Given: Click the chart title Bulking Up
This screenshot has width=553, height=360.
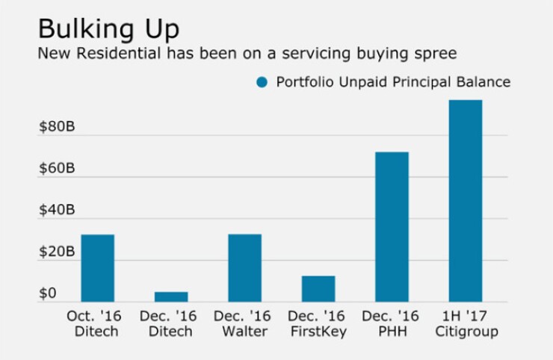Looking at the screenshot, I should click(108, 29).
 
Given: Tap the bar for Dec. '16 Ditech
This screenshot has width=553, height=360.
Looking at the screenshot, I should click(171, 297).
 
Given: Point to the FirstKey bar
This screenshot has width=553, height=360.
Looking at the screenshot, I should click(318, 289).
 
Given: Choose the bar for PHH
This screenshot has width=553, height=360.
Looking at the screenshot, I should click(392, 227).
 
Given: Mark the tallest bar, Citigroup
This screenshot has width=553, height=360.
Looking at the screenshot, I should click(465, 201).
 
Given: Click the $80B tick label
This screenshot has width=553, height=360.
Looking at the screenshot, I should click(57, 127).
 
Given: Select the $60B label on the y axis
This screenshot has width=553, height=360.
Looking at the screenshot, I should click(57, 169).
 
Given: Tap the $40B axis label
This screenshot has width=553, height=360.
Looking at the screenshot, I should click(57, 211).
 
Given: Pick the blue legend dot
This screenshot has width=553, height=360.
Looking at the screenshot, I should click(261, 82).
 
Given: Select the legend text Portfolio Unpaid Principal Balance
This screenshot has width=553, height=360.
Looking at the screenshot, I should click(393, 82).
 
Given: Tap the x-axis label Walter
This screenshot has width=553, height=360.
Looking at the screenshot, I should click(244, 331).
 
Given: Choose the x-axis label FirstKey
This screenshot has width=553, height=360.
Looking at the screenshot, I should click(318, 331).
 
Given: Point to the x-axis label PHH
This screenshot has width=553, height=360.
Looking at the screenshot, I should click(392, 331).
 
